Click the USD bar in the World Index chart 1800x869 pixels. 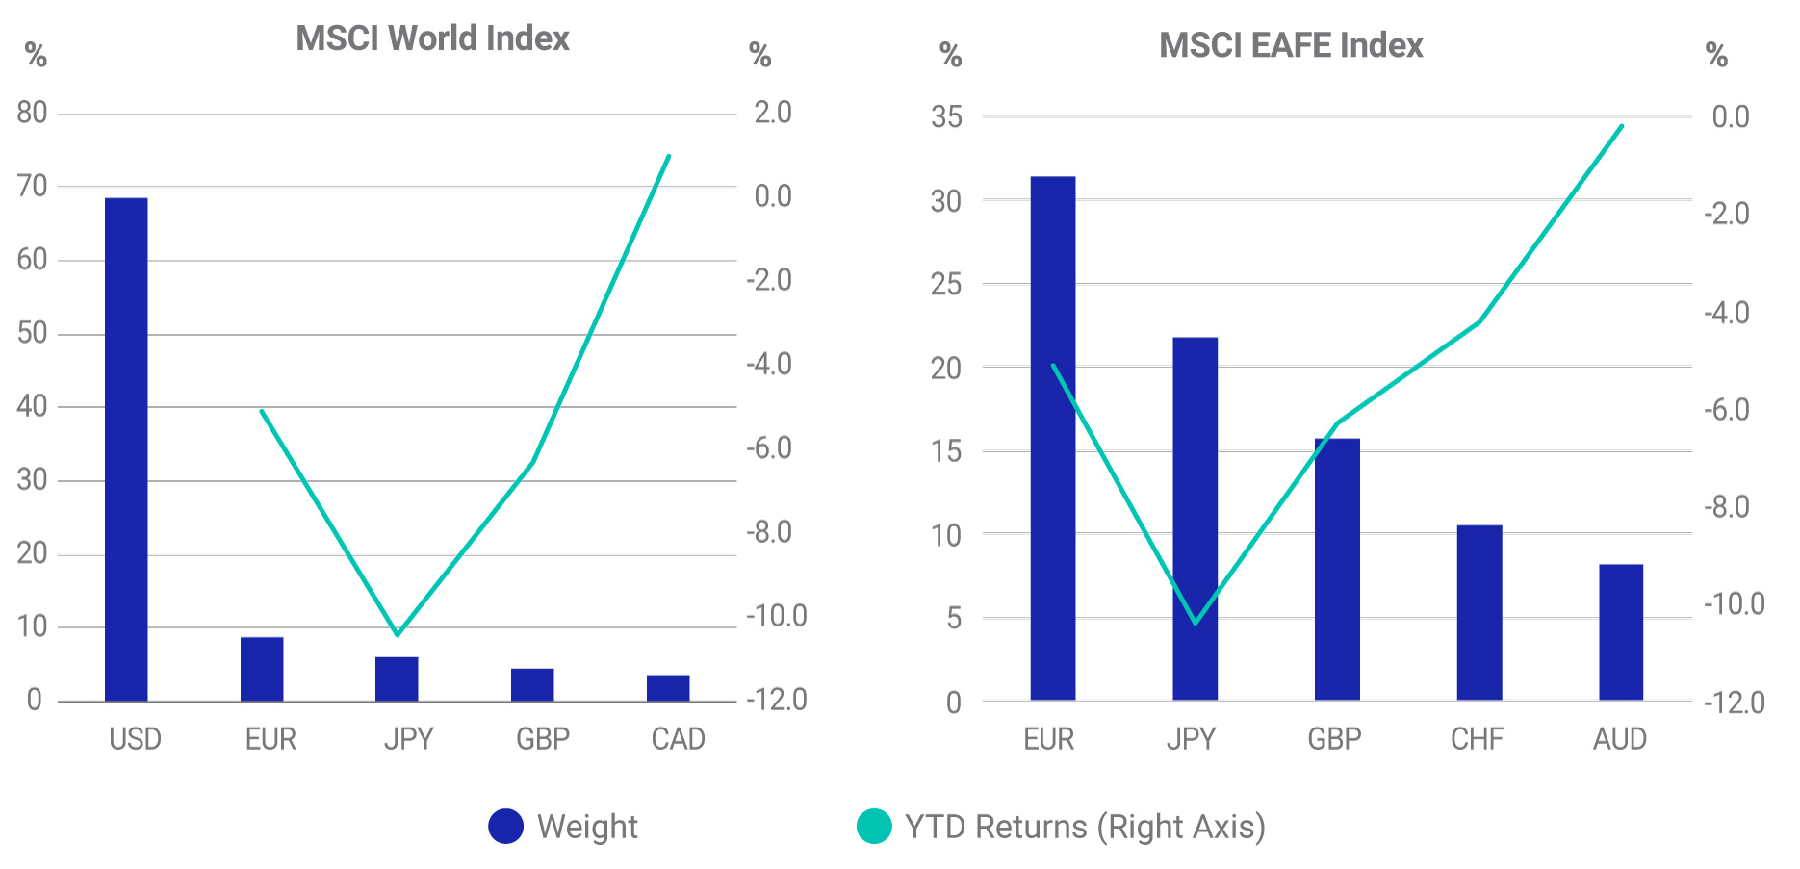126,449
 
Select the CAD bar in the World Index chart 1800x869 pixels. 668,688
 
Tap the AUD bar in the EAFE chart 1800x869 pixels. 1621,632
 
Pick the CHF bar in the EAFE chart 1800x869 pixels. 1479,613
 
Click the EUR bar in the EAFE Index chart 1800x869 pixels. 1053,438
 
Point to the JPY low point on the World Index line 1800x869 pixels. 397,634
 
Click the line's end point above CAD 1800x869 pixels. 669,156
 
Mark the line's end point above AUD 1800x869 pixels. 1622,126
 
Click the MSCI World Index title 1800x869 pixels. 432,38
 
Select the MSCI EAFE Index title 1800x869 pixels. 1290,45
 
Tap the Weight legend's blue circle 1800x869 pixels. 506,826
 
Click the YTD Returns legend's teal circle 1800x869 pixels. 874,826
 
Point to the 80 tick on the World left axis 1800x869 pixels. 32,113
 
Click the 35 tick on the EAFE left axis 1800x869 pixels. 946,117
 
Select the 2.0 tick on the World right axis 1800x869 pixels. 772,113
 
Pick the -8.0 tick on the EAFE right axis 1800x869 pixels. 1727,507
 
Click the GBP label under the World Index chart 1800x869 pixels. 543,739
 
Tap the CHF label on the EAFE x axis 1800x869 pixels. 1477,739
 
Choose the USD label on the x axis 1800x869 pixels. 135,739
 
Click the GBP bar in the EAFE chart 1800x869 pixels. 1337,569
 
